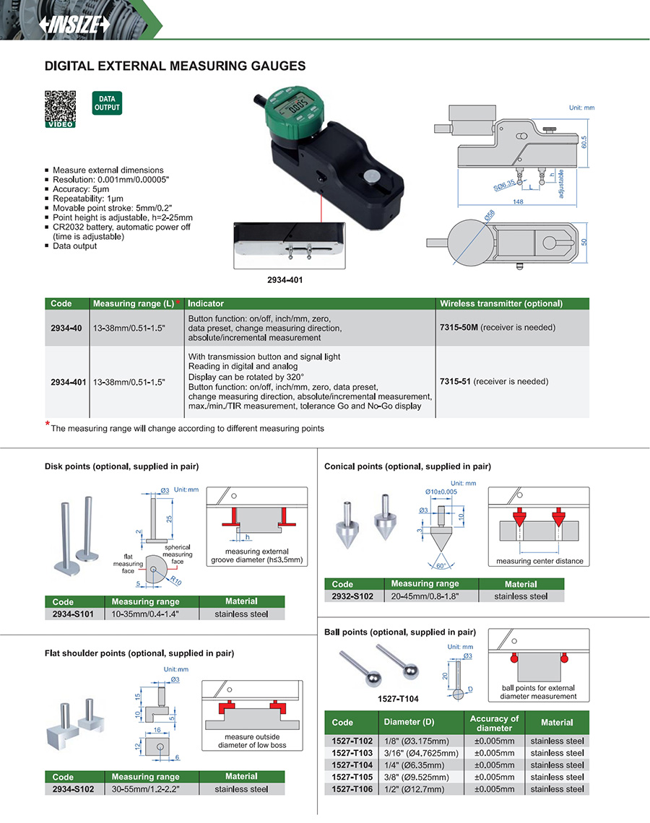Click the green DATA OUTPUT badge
pyautogui.click(x=106, y=103)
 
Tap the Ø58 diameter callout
pyautogui.click(x=489, y=215)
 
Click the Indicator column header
pyautogui.click(x=206, y=304)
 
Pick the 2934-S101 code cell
pyautogui.click(x=74, y=614)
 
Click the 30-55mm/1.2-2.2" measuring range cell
pyautogui.click(x=146, y=789)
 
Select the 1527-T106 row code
pyautogui.click(x=352, y=789)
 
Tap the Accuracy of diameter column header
pyautogui.click(x=494, y=723)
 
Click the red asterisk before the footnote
pyautogui.click(x=48, y=424)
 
